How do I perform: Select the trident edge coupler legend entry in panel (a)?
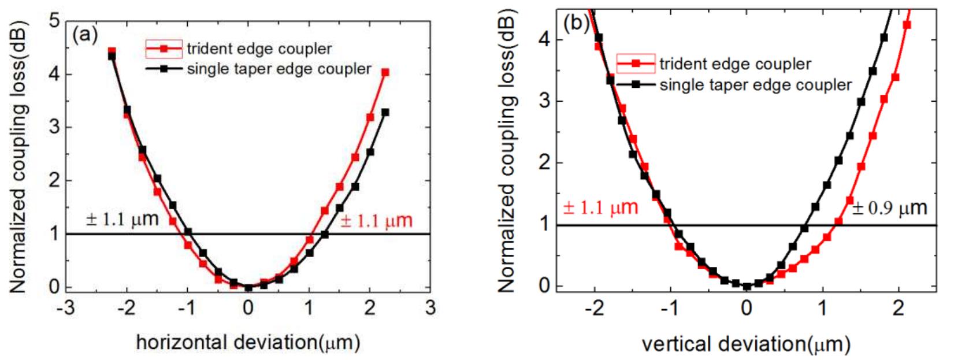[259, 49]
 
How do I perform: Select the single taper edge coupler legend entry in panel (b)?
[755, 85]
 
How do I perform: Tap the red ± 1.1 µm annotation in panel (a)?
[376, 221]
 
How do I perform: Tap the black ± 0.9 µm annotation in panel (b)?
[889, 207]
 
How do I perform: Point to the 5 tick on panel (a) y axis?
[55, 21]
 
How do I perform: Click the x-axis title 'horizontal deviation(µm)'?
[248, 343]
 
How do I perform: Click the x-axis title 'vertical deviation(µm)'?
[746, 344]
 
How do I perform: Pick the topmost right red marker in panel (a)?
[385, 72]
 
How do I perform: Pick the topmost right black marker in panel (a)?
[385, 112]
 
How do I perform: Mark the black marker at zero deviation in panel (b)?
[747, 286]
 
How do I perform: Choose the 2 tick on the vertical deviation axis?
[898, 307]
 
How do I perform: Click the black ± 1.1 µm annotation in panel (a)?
[122, 220]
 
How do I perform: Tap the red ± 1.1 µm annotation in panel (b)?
[600, 207]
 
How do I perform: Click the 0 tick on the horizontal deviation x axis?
[248, 308]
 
